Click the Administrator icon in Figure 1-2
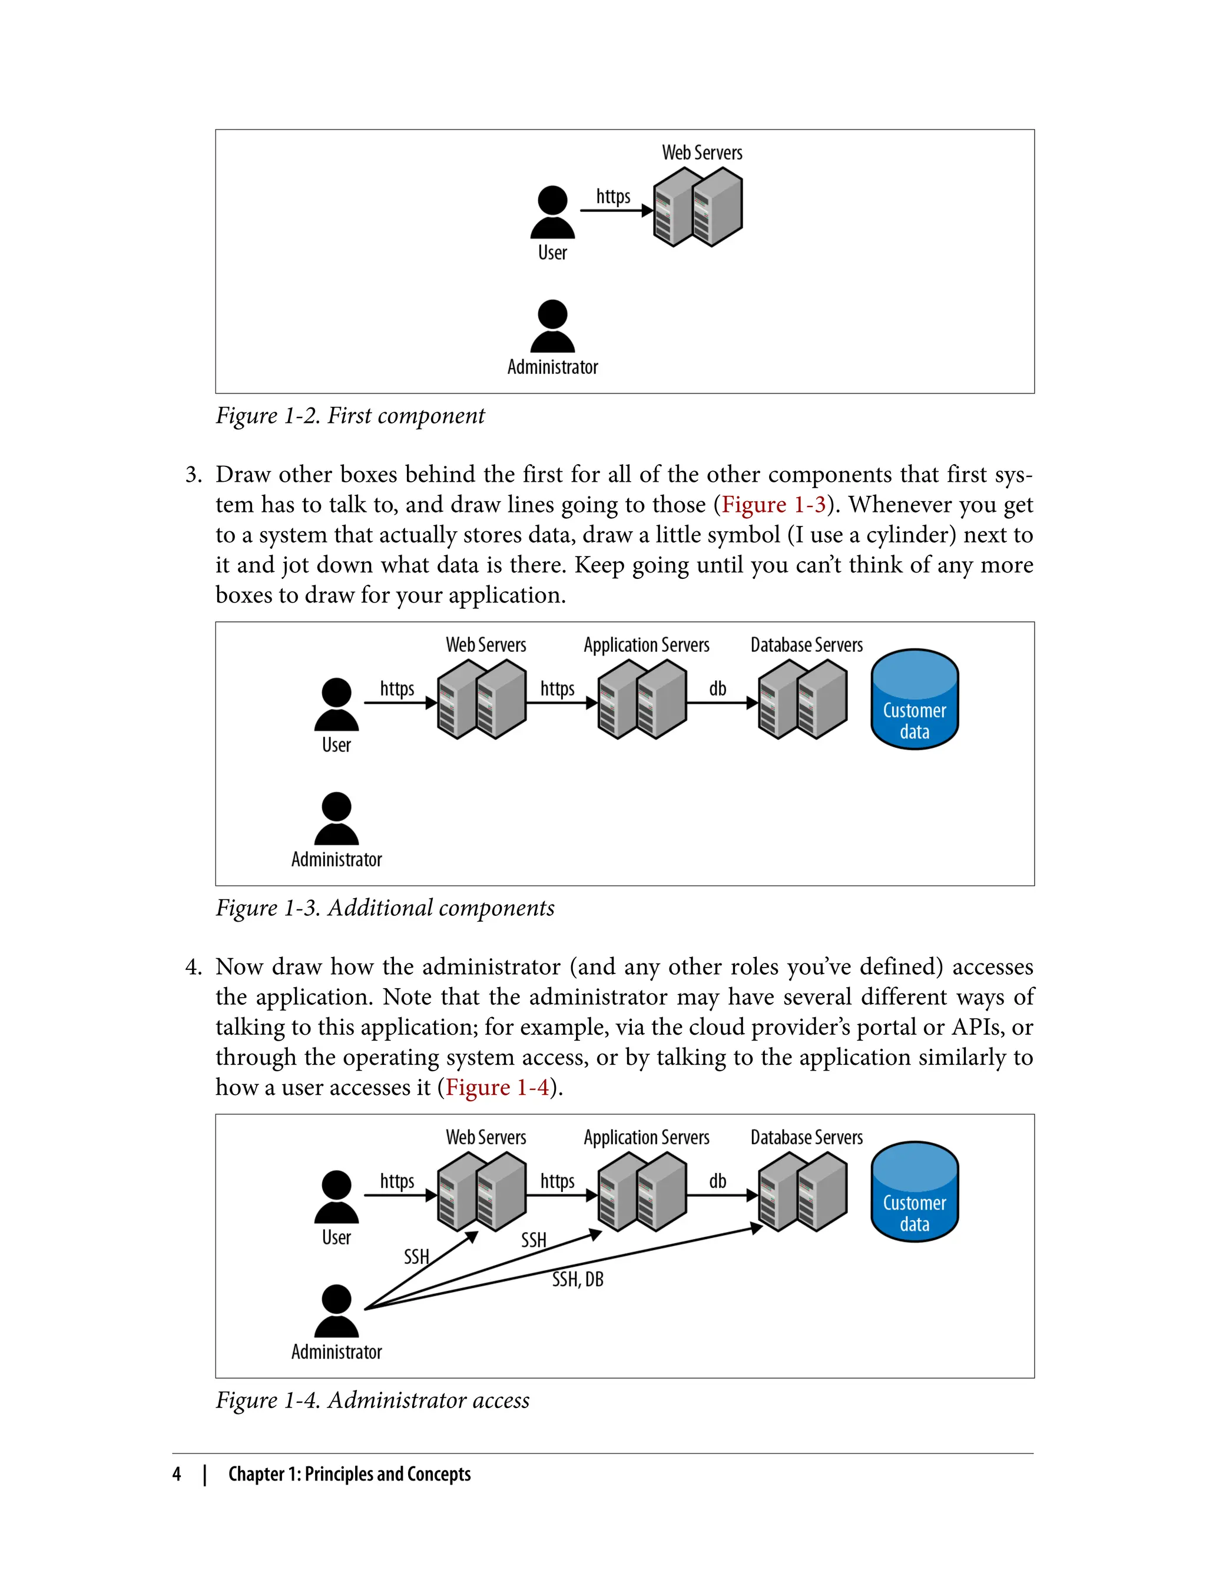pyautogui.click(x=552, y=327)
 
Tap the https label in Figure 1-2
pyautogui.click(x=613, y=196)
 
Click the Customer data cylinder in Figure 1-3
pyautogui.click(x=914, y=700)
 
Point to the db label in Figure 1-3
pyautogui.click(x=717, y=688)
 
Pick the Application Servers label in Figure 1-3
pyautogui.click(x=646, y=645)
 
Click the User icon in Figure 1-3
pyautogui.click(x=336, y=704)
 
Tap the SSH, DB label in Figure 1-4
pyautogui.click(x=577, y=1279)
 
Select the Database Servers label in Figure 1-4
pyautogui.click(x=806, y=1137)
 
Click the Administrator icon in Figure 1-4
pyautogui.click(x=336, y=1311)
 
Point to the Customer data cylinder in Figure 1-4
pyautogui.click(x=914, y=1192)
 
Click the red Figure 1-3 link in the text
pyautogui.click(x=773, y=505)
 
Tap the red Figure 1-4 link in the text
pyautogui.click(x=497, y=1087)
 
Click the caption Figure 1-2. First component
pyautogui.click(x=350, y=416)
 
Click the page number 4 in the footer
pyautogui.click(x=177, y=1474)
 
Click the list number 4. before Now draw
pyautogui.click(x=193, y=967)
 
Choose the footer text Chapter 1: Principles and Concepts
pyautogui.click(x=349, y=1474)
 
